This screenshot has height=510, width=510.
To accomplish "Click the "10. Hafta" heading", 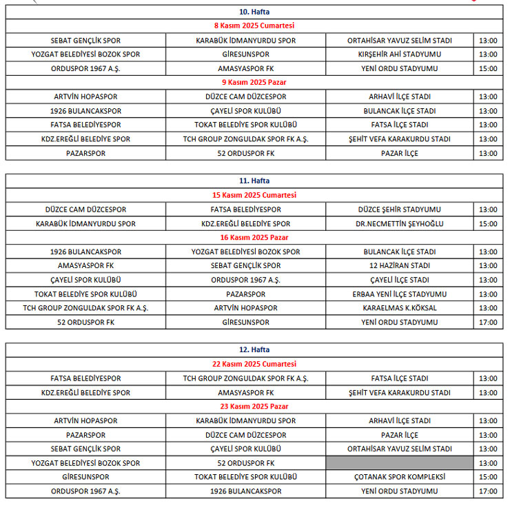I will coord(254,12).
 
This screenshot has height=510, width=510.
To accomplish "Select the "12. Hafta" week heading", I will coord(254,350).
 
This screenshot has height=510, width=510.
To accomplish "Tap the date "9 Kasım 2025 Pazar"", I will coord(254,83).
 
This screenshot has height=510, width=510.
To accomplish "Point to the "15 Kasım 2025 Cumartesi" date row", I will coord(254,195).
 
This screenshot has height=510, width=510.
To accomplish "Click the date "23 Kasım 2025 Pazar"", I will coord(254,407).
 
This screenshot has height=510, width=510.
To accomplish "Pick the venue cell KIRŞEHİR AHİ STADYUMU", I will coord(399,54).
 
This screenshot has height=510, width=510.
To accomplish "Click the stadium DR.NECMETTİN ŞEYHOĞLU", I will coord(399,223).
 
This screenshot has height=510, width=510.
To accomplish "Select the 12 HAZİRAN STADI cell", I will coord(399,266).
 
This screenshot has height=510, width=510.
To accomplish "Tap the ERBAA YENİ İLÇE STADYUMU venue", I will coord(399,294).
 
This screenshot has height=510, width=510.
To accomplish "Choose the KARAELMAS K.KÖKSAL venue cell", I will coord(399,308).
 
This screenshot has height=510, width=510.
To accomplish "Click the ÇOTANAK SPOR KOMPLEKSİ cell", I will coord(399,477).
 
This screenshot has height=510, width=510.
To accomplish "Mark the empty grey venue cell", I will coord(399,463).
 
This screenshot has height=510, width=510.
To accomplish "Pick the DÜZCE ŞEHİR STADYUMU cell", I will coord(399,210).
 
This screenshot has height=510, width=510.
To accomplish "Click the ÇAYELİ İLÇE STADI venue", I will coord(399,280).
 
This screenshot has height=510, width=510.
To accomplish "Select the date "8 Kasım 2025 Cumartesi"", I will coord(254,25).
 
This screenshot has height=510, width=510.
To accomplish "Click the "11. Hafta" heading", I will coord(254,181).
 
